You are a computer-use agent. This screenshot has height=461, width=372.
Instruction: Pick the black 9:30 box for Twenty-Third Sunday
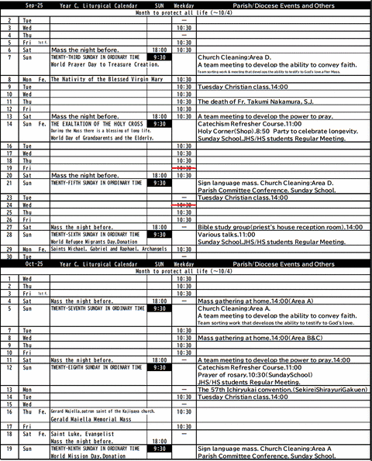pyautogui.click(x=159, y=57)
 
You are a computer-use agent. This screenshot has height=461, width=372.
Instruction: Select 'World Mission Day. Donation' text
pyautogui.click(x=88, y=456)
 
